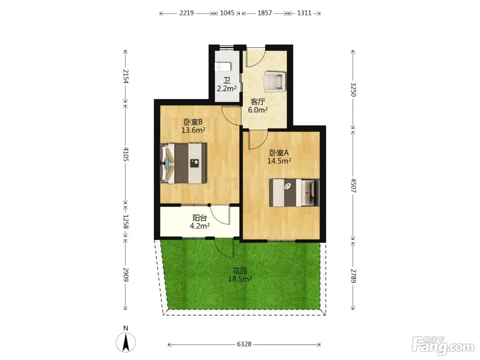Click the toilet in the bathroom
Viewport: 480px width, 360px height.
pos(223,67)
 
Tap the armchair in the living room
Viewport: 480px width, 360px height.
pos(275,82)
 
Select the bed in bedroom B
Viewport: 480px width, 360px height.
pos(183,163)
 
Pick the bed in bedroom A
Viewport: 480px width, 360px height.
pos(294,193)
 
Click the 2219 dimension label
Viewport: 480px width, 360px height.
pos(187,13)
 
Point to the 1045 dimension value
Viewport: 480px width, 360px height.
pos(227,13)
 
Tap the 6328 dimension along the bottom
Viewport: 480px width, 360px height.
pos(244,344)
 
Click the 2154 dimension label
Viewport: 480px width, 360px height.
pos(126,76)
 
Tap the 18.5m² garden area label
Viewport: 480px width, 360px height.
pos(240,279)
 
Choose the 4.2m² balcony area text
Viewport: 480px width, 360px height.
pos(200,226)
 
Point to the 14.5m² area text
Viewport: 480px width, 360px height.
pos(279,161)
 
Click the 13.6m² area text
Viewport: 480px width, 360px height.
pos(193,130)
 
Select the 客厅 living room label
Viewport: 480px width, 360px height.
pos(258,101)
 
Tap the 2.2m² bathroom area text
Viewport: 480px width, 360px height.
pos(227,88)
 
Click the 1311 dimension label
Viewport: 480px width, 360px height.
pos(304,13)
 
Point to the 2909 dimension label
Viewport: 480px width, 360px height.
pos(126,274)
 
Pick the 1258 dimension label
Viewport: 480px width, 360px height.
pos(126,221)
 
